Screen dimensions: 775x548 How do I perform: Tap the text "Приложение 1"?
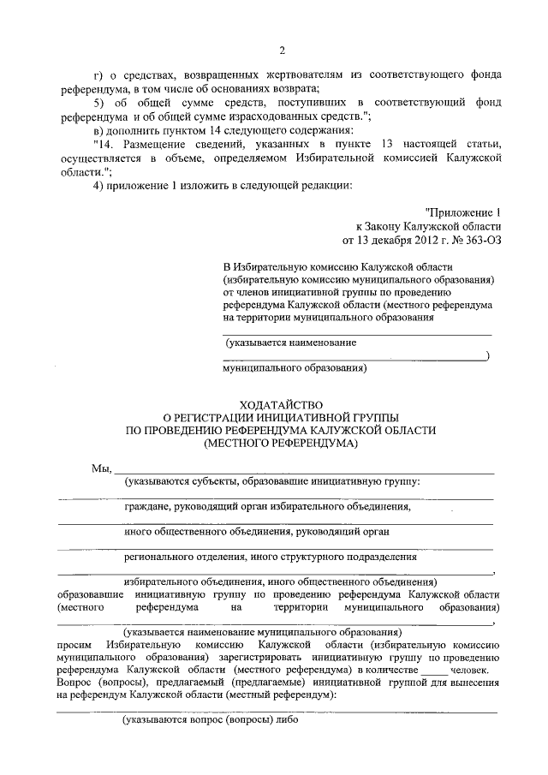(462, 212)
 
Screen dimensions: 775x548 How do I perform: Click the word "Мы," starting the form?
(101, 468)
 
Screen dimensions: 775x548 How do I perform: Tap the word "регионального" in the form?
(160, 556)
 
